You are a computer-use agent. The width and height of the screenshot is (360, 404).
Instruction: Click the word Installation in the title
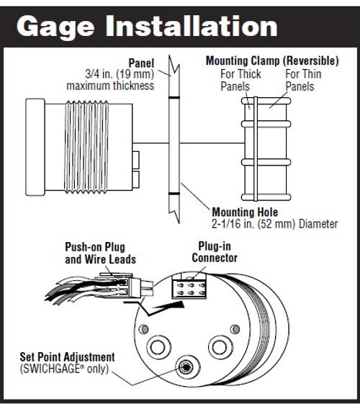coord(192,25)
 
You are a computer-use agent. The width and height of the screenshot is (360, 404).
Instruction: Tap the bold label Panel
coord(141,63)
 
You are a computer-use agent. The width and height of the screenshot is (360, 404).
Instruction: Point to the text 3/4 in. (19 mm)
coord(120,74)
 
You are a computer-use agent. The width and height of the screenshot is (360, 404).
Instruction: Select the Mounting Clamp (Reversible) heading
coord(272,61)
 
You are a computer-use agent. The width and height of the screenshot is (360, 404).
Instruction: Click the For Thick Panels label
coord(240,80)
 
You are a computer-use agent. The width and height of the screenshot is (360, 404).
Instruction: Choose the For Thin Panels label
coord(303,80)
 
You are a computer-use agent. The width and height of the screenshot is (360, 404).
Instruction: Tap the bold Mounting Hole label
coord(245,212)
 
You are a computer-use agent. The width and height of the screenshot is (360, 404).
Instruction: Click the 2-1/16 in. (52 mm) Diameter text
coord(274,224)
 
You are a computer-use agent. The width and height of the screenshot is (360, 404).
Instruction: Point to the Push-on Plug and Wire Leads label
coord(100,253)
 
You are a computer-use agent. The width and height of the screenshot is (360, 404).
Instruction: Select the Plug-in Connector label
coord(215,252)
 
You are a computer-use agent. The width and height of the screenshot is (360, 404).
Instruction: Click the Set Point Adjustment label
coord(67,357)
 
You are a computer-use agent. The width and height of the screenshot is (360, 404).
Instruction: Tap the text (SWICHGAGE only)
coord(64,369)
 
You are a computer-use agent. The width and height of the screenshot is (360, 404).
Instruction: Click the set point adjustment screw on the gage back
coord(186,367)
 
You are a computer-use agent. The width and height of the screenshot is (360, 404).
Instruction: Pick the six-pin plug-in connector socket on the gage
coord(189,289)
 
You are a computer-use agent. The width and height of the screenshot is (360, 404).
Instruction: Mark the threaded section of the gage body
coord(86,147)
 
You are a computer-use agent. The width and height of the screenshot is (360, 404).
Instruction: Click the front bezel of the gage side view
coord(35,147)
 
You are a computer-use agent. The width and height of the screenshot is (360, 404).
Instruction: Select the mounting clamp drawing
coord(266,149)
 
